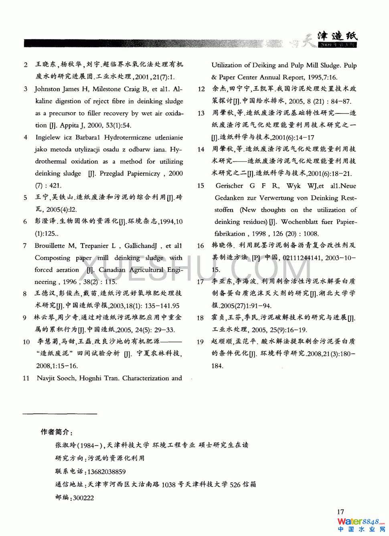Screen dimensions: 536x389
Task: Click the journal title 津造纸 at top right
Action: click(337, 36)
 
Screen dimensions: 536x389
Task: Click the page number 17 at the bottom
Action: click(340, 512)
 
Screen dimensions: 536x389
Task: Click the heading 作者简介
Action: click(56, 432)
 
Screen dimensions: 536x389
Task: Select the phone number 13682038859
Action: click(106, 472)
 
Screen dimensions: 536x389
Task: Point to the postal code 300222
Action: click(83, 498)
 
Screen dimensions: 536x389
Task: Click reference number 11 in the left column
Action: click(26, 378)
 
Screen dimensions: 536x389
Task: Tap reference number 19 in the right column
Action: click(200, 342)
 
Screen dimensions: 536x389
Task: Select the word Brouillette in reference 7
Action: click(49, 246)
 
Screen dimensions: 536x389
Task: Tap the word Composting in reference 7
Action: click(53, 258)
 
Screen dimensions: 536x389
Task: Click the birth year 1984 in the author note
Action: click(88, 445)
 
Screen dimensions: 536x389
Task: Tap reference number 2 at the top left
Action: click(26, 65)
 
